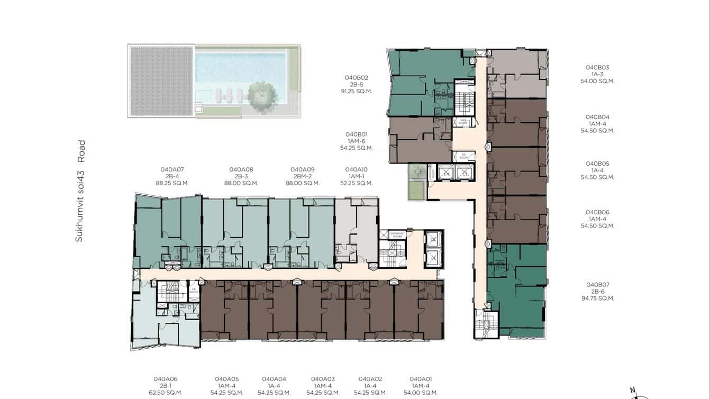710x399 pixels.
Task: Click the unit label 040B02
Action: [356, 77]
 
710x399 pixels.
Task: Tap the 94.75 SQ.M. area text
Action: [597, 298]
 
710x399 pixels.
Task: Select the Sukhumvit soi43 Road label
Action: [80, 191]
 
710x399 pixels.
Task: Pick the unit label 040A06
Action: [166, 379]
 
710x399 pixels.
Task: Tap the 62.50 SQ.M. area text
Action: [166, 393]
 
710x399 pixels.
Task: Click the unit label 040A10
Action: [356, 169]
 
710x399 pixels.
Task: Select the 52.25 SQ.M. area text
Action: [356, 183]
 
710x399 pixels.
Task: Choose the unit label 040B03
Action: [597, 67]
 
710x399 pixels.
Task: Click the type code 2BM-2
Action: [303, 176]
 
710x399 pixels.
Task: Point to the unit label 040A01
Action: [421, 379]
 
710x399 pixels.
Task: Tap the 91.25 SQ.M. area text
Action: [356, 91]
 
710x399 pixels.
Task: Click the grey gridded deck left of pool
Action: [161, 81]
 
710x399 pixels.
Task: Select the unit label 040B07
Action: [597, 284]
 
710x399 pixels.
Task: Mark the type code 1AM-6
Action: [356, 141]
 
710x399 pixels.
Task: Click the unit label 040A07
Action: [172, 169]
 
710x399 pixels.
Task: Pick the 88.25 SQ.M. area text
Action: [172, 183]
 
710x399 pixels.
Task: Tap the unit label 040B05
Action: [597, 164]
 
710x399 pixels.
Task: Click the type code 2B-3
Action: [241, 176]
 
